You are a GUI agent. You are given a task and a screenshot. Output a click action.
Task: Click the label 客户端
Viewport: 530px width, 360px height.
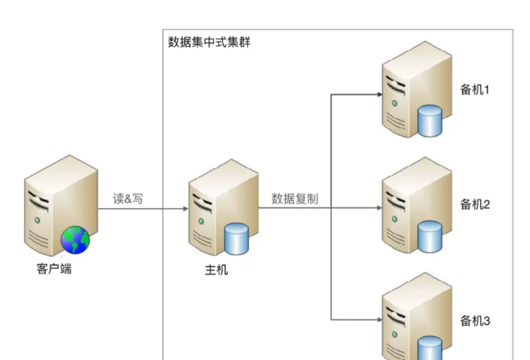(x=54, y=269)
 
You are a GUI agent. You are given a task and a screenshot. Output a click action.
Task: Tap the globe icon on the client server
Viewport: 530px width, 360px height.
(x=75, y=240)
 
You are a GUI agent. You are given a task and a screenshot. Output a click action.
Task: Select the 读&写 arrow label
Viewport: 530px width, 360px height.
(x=128, y=199)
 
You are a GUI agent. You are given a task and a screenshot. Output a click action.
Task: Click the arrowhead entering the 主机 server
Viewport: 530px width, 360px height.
(x=184, y=209)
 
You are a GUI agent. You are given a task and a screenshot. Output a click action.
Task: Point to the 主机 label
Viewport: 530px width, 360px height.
(x=216, y=269)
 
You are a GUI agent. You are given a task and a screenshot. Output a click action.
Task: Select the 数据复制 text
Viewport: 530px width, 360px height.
(x=295, y=199)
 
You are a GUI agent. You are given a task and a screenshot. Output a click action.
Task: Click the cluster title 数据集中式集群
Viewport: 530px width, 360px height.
(x=209, y=41)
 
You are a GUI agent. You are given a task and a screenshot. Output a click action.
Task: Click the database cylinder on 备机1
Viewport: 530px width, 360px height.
(x=430, y=121)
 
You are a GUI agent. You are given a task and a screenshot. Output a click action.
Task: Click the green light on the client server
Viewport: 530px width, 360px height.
(x=35, y=220)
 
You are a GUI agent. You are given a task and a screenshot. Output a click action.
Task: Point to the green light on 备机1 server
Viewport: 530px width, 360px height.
(x=394, y=102)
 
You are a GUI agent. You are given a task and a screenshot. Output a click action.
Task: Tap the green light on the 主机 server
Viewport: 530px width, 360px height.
(x=200, y=221)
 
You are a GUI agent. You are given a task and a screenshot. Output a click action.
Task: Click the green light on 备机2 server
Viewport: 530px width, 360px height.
(x=394, y=217)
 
